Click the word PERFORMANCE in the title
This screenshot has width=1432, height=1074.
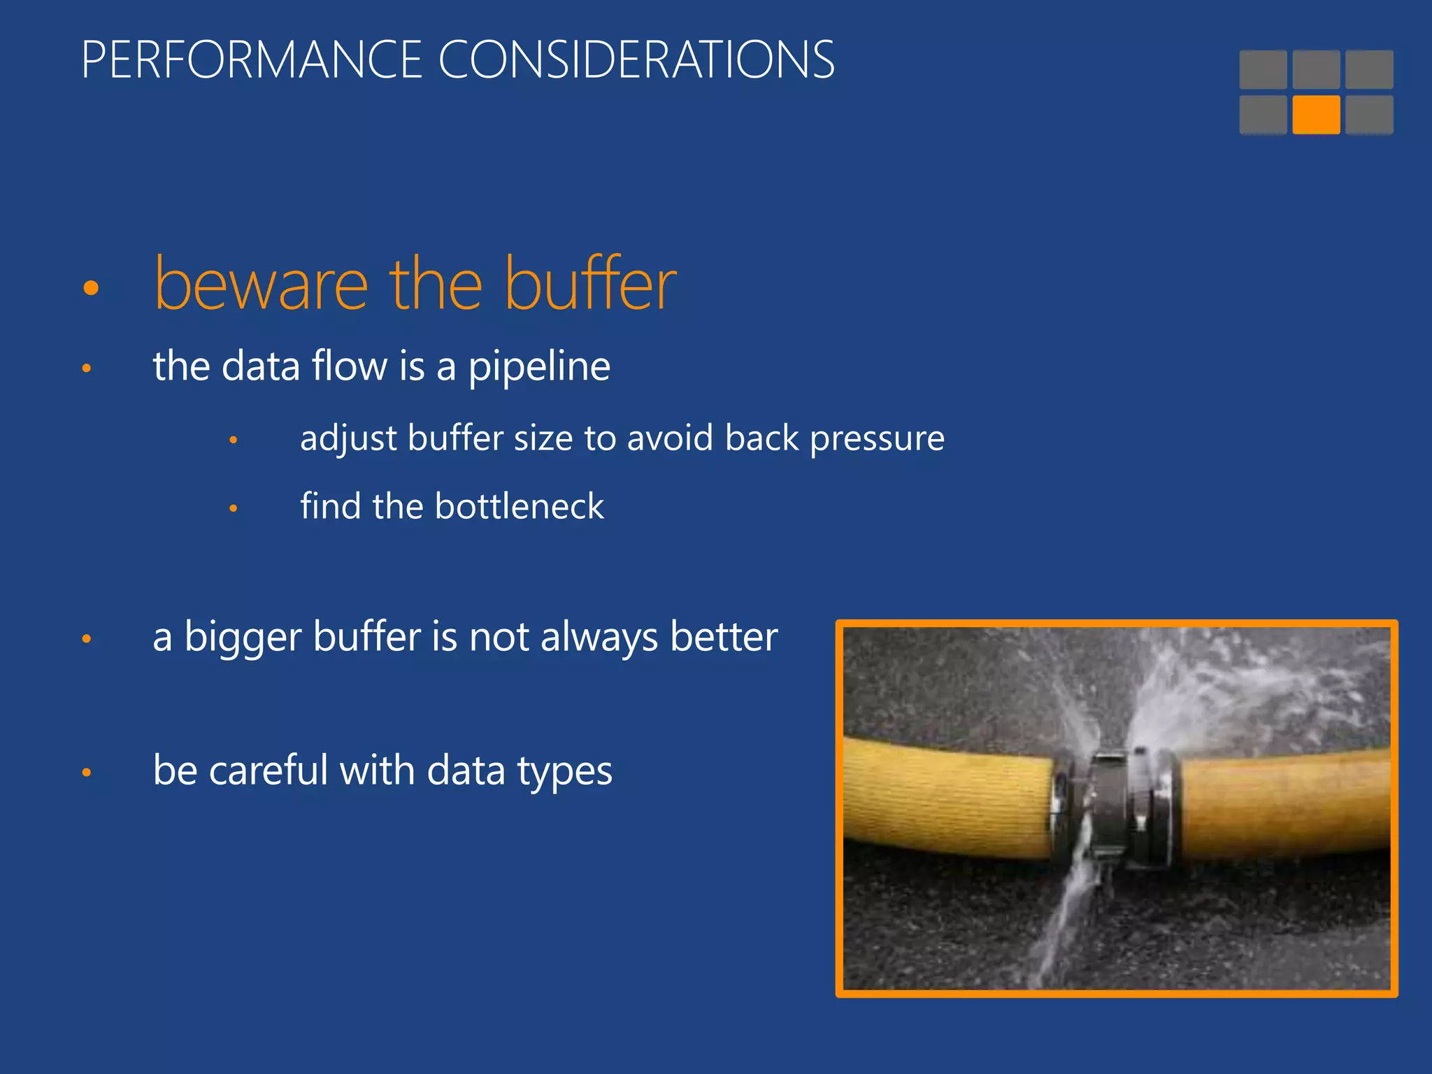[252, 60]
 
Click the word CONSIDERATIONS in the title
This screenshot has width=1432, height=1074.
[636, 60]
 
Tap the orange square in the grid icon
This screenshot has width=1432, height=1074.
[1316, 115]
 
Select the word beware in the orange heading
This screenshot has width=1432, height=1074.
[261, 285]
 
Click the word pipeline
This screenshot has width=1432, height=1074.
[539, 366]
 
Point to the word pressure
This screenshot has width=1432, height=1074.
[877, 439]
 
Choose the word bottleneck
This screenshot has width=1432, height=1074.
[519, 506]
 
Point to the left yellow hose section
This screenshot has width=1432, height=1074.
[944, 797]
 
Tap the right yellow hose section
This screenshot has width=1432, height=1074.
[1287, 804]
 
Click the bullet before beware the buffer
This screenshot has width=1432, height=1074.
[91, 287]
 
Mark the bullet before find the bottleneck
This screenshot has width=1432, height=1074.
[234, 508]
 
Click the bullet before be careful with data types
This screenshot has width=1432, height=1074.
[87, 772]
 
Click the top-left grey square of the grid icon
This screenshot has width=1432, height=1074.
[1263, 69]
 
